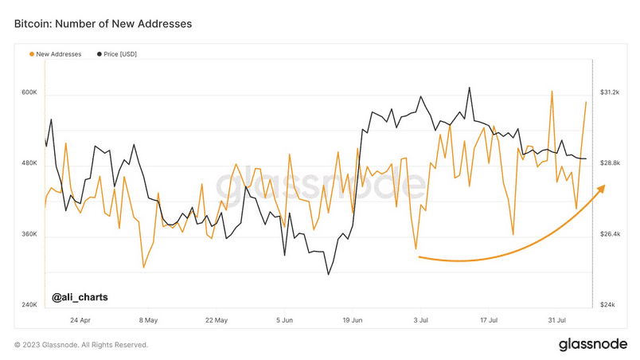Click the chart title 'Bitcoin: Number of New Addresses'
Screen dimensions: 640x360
[103, 24]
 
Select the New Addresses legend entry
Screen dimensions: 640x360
[56, 54]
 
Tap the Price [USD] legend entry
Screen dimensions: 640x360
[117, 54]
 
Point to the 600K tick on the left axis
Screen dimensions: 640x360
[29, 92]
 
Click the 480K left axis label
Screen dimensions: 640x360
[29, 163]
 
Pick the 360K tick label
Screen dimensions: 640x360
[29, 234]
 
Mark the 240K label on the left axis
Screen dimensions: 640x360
[29, 305]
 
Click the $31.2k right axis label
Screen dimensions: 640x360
[610, 92]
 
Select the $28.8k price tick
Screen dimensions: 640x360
[610, 163]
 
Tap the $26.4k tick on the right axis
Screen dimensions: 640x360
[610, 234]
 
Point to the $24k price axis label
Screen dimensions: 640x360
[607, 305]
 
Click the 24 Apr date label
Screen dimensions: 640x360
[80, 320]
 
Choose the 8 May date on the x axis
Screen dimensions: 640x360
[148, 320]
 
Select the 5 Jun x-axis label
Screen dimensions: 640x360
[284, 320]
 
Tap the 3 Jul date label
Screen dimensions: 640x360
[421, 320]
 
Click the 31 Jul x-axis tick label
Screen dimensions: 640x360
[556, 320]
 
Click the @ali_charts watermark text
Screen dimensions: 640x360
[80, 297]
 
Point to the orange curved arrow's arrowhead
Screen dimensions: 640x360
[601, 189]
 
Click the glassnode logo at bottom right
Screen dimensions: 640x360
[593, 344]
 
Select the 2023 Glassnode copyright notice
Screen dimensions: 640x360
[81, 345]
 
